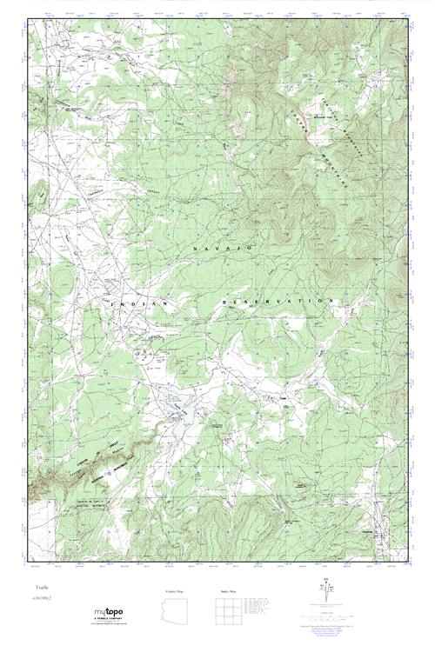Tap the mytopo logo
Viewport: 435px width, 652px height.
pyautogui.click(x=114, y=611)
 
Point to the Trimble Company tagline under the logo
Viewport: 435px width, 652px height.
pyautogui.click(x=114, y=618)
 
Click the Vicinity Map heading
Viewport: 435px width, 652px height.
pyautogui.click(x=174, y=591)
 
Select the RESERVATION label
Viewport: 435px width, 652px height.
pyautogui.click(x=278, y=300)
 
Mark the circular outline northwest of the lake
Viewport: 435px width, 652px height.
pyautogui.click(x=147, y=353)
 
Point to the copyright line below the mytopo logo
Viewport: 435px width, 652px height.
pyautogui.click(x=114, y=625)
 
